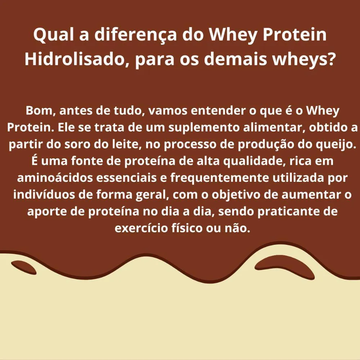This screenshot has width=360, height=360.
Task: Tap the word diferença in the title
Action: [x=136, y=35]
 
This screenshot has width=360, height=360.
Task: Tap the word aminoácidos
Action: [x=55, y=178]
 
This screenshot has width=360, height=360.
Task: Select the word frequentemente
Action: [x=220, y=178]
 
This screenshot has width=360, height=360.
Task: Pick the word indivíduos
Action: [x=44, y=195]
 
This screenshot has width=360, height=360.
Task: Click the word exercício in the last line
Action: [x=141, y=228]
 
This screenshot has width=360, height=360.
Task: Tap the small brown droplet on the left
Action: [x=23, y=267]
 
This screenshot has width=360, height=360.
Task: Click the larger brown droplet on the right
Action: [x=284, y=266]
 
